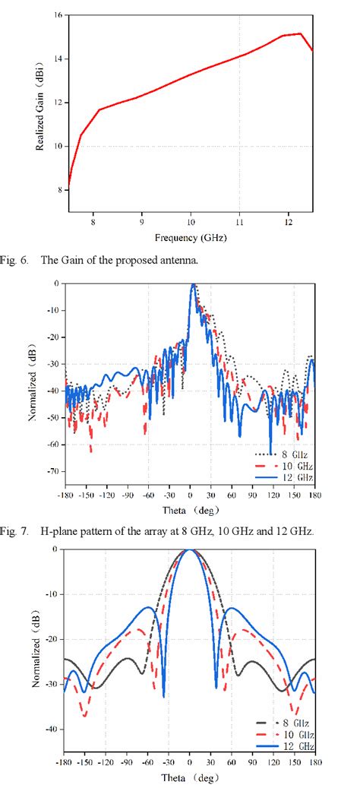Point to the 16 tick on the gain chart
click(x=58, y=15)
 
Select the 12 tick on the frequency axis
click(x=288, y=223)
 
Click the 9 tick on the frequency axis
click(x=141, y=223)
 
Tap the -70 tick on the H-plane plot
click(x=53, y=471)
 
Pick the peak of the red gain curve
click(x=302, y=33)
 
